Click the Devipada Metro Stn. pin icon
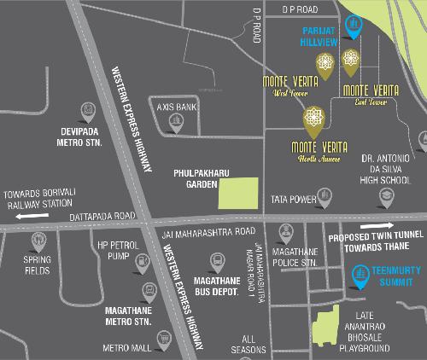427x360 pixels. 86,111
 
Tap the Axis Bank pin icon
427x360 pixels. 175,121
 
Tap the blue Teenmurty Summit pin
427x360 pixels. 361,275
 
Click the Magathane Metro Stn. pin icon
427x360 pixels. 149,293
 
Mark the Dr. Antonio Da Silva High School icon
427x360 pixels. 386,196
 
